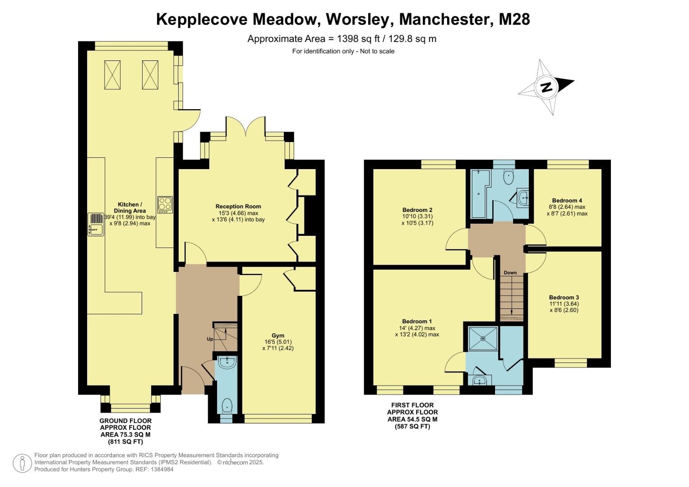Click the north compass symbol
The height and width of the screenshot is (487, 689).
[546, 87]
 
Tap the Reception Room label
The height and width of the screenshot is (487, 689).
[238, 207]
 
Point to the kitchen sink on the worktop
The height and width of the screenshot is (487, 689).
[96, 225]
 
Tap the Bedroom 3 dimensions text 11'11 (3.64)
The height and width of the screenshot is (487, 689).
[564, 304]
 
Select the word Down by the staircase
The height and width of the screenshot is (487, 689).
[510, 273]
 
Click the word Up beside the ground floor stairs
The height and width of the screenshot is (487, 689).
[210, 339]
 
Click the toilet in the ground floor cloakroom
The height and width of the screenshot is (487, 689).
[227, 405]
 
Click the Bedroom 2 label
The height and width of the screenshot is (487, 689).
[417, 210]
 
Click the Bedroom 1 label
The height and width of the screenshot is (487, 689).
[417, 322]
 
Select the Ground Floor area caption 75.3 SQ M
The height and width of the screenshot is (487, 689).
[125, 435]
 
